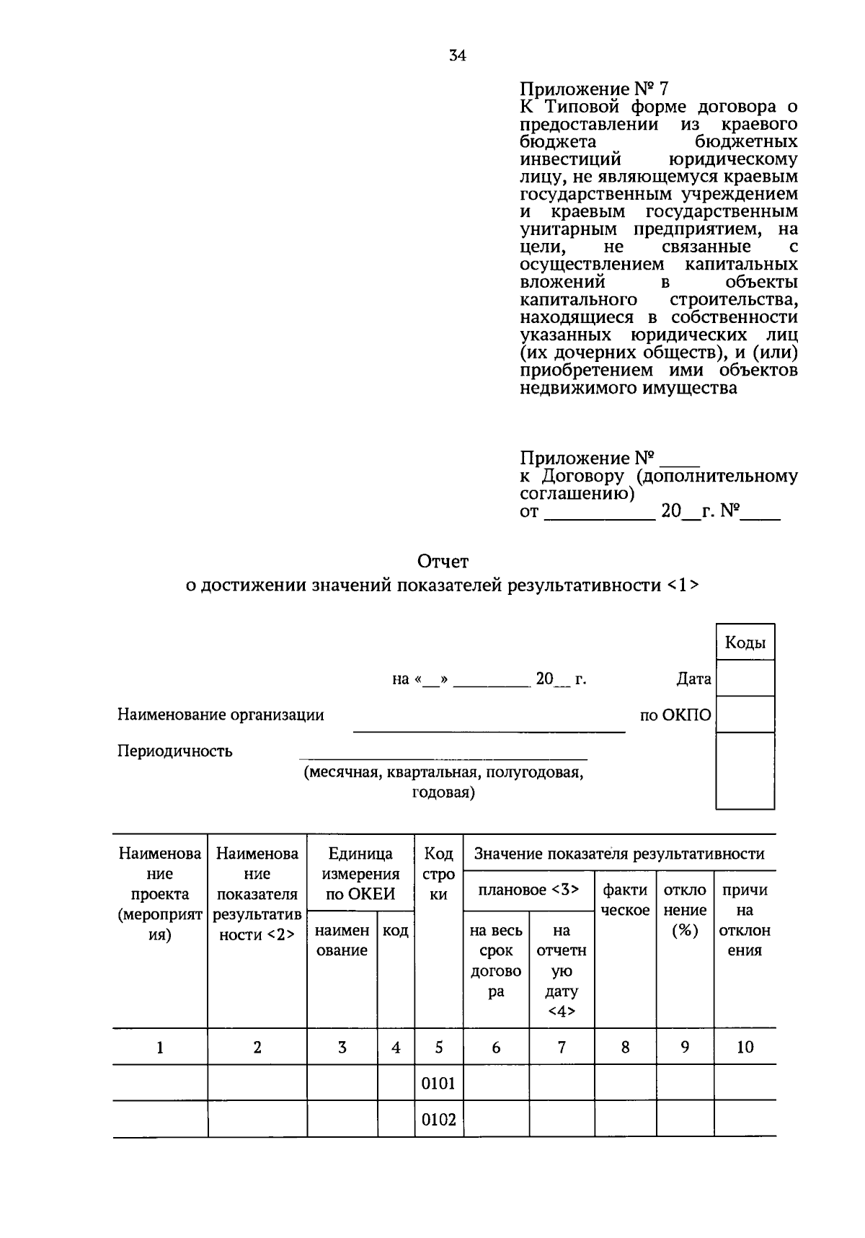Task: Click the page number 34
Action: (x=457, y=55)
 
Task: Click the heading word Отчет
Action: (x=443, y=560)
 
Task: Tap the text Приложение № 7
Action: (x=594, y=89)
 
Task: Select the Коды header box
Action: (x=745, y=642)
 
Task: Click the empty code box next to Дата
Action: (x=745, y=678)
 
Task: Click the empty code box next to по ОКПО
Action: (x=745, y=715)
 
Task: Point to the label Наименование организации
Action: (x=221, y=715)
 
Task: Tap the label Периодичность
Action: (x=174, y=751)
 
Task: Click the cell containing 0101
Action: (x=438, y=1083)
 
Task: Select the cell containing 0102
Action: (x=438, y=1120)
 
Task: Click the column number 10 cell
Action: (x=745, y=1047)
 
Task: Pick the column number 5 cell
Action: (x=438, y=1047)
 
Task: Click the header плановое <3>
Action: (x=528, y=890)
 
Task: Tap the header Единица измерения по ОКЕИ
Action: (x=360, y=874)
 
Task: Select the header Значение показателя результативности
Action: (x=618, y=854)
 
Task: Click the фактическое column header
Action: (x=625, y=900)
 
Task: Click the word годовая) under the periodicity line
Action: (x=443, y=793)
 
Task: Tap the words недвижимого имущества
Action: (x=628, y=388)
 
